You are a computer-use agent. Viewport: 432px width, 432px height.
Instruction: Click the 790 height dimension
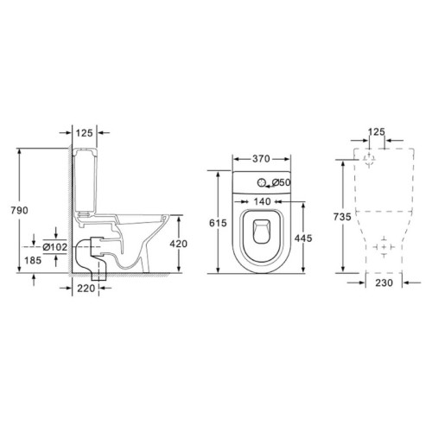point(20,211)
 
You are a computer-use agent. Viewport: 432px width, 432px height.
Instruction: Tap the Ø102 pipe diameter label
point(55,247)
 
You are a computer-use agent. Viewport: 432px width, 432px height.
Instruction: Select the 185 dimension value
point(33,260)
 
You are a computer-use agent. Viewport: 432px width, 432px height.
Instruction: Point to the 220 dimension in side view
point(86,288)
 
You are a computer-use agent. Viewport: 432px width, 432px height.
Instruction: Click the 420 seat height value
point(179,244)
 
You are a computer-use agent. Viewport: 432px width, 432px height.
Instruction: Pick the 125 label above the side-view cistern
point(84,133)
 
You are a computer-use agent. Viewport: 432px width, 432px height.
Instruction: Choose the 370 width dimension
point(261,159)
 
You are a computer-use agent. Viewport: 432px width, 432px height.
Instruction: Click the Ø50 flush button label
point(281,182)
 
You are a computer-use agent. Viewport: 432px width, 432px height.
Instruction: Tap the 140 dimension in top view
point(262,201)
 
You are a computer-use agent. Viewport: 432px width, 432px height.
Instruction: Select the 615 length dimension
point(218,223)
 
